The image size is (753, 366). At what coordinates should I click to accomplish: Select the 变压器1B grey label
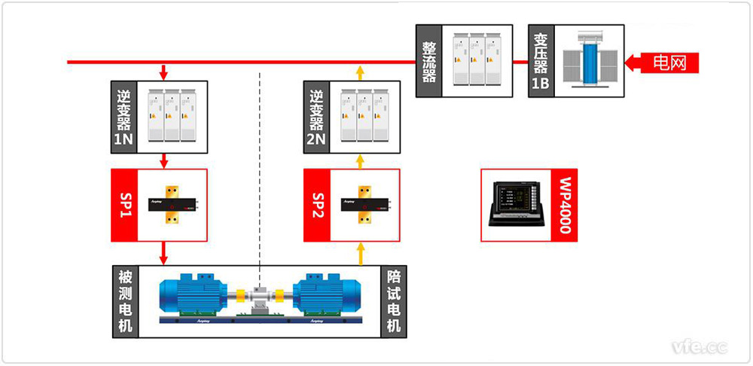(541, 60)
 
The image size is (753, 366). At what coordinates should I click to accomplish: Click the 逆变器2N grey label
(316, 116)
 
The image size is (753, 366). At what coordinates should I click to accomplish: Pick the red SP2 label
(317, 205)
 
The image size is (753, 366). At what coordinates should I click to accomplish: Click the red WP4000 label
(565, 205)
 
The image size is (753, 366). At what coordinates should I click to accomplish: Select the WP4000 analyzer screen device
(517, 204)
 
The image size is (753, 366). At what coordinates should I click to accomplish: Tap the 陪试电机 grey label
(394, 300)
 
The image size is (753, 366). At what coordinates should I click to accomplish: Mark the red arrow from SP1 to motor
(163, 252)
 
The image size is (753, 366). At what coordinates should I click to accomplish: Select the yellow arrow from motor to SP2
(360, 254)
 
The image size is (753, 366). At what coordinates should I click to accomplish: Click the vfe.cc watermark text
(700, 346)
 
